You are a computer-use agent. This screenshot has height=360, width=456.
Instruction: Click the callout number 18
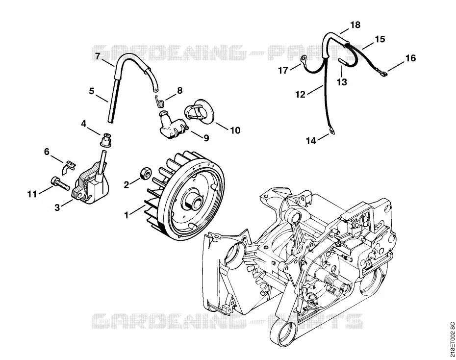coord(355,25)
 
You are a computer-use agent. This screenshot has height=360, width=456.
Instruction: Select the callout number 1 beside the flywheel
coord(126,215)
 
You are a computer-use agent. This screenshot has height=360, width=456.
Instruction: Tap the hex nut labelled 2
coord(145,173)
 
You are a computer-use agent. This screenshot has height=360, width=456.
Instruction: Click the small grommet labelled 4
coord(107,140)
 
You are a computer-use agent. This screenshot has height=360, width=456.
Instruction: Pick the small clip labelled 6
coord(69,168)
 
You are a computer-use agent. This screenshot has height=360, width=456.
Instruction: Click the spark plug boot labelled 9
coord(171,124)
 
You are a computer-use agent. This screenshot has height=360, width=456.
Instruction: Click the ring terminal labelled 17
coord(303,59)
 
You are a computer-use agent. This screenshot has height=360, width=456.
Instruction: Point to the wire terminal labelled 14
coord(330,132)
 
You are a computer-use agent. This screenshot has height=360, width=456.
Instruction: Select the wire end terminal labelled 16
coord(383,75)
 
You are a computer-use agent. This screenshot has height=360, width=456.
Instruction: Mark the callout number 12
coord(301,95)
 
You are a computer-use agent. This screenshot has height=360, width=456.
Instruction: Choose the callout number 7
coord(98,56)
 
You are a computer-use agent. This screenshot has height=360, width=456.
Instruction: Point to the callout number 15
coord(380,39)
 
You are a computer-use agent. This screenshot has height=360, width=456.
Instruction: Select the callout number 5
coord(92,91)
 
